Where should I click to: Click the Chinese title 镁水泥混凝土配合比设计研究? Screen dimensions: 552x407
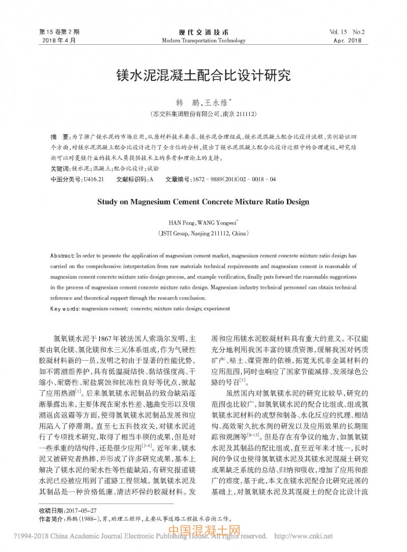(203, 76)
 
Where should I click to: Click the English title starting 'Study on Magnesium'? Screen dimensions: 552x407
(203, 201)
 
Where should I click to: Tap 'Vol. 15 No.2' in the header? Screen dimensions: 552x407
(351, 32)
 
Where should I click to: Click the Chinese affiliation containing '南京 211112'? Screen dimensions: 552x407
(203, 114)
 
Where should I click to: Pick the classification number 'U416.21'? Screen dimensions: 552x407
(94, 180)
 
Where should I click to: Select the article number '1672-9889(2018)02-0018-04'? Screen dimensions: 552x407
(234, 180)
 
